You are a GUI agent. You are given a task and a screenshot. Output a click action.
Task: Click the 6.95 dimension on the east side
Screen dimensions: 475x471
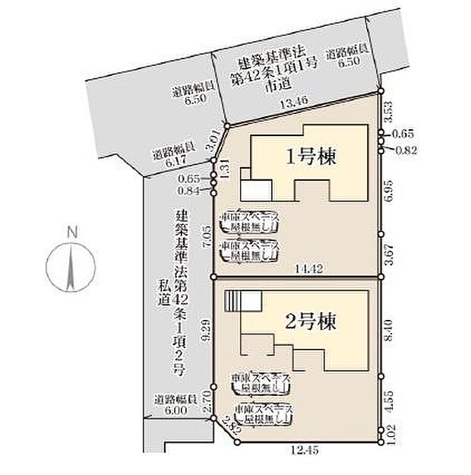click(x=388, y=190)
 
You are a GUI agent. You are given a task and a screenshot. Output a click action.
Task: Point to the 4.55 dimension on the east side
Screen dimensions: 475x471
click(x=390, y=401)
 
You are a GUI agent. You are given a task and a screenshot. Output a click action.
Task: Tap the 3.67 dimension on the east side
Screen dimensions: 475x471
click(x=388, y=255)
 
